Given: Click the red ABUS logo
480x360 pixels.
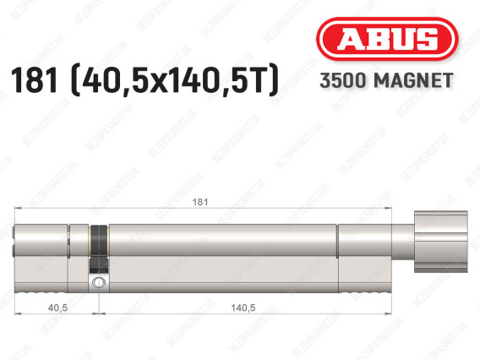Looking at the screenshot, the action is (x=387, y=39).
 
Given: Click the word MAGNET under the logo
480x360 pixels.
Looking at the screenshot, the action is (x=413, y=80).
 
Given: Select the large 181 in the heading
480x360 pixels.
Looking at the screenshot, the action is (x=35, y=80).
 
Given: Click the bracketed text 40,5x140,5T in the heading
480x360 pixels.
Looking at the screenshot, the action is (x=175, y=80).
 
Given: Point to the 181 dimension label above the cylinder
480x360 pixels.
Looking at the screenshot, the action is (x=200, y=202).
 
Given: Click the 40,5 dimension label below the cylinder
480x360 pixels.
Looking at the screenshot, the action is (x=57, y=308).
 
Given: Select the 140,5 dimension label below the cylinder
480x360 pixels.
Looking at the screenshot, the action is (x=243, y=308).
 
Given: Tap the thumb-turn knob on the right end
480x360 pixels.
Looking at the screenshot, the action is (x=441, y=242).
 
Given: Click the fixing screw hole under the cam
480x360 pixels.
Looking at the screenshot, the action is (x=99, y=282).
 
